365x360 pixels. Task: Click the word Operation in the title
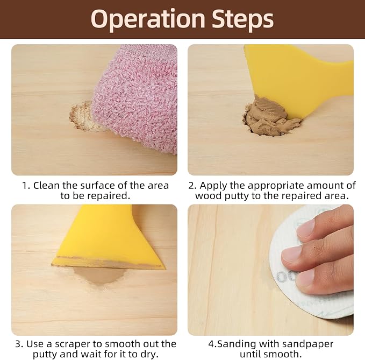(148, 19)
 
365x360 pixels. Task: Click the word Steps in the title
(243, 19)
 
